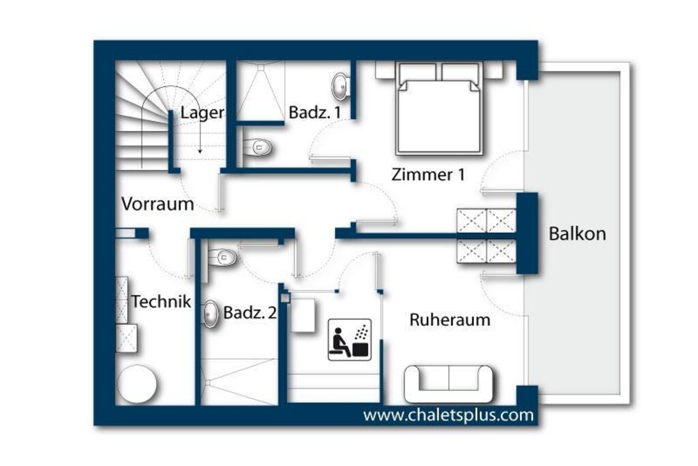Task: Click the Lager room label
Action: pos(202,113)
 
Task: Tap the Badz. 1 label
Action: pos(315,113)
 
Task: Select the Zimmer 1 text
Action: pos(428,174)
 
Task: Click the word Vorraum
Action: pos(157,204)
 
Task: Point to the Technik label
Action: pos(161,302)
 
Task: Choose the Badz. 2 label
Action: pos(249,312)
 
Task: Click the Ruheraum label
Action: pos(450,320)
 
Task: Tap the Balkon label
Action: pos(577,233)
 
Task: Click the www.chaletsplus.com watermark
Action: pos(449,416)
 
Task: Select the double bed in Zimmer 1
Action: pos(440,108)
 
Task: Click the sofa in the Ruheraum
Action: pos(449,384)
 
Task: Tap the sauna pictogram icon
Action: pos(350,340)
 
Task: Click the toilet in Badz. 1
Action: pos(257,147)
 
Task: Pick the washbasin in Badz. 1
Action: pos(341,86)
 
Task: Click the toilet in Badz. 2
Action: pos(222,257)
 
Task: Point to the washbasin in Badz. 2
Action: pos(211,314)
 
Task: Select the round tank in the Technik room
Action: pos(136,384)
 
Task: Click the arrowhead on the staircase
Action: pos(200,151)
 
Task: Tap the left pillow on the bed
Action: pos(417,72)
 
